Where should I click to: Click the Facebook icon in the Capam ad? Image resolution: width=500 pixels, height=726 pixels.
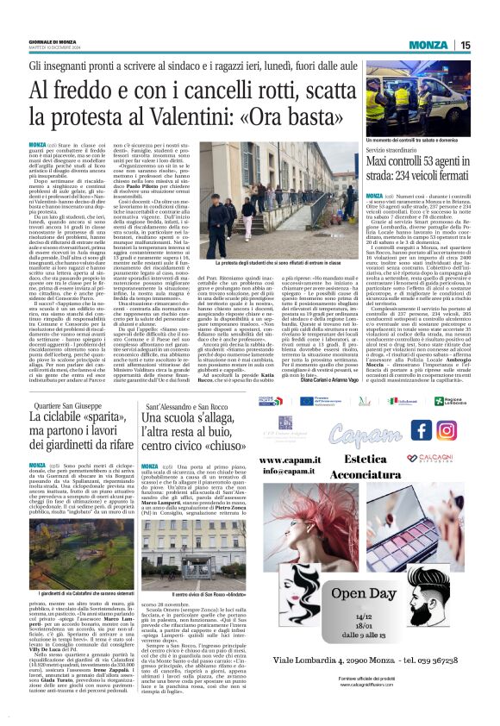tap(422, 429)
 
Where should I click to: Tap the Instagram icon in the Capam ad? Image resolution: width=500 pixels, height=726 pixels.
tap(446, 429)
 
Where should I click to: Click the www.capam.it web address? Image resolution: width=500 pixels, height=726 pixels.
tap(291, 460)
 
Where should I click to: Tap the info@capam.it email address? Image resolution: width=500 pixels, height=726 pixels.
tap(291, 471)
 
